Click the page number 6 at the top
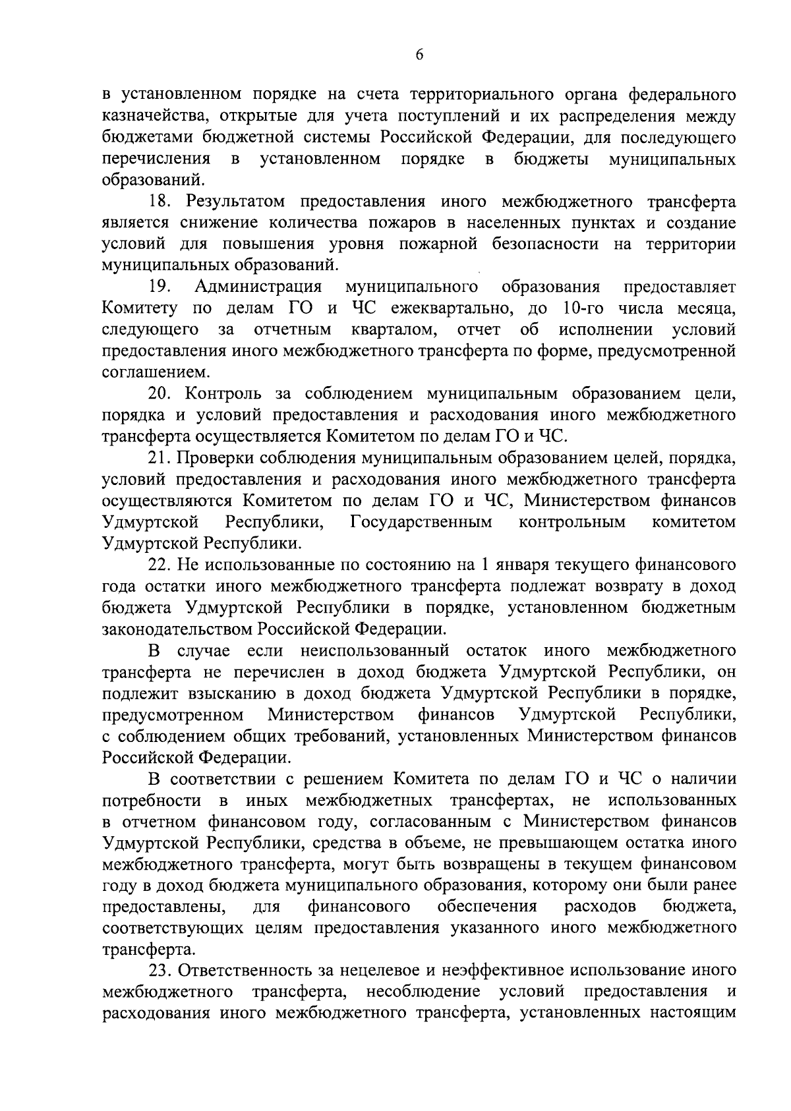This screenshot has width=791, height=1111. [420, 55]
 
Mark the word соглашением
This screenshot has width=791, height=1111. [156, 372]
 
